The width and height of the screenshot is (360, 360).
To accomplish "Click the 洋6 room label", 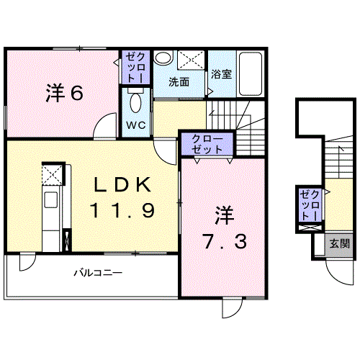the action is [64, 93].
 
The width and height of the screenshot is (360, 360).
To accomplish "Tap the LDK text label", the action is [122, 184].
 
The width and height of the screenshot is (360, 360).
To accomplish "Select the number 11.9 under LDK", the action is [122, 210].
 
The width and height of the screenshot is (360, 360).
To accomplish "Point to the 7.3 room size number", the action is [225, 241].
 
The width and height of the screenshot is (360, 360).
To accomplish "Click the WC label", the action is [136, 125].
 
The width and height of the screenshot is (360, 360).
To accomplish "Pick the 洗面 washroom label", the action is [179, 82].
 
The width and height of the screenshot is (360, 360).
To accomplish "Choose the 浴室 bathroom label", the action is [221, 74].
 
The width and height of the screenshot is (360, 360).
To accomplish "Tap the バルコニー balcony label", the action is [98, 273].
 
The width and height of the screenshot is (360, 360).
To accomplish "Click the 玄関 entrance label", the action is [339, 244].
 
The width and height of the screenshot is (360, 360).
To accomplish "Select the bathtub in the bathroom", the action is [251, 73].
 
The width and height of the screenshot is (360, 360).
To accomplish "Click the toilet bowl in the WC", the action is [136, 103].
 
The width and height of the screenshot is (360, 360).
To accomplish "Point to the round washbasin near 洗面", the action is [163, 57].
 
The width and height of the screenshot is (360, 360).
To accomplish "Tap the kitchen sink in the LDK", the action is [50, 199].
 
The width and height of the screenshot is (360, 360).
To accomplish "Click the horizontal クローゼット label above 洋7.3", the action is [207, 144].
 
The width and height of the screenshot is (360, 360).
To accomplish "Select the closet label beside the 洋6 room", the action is [135, 68].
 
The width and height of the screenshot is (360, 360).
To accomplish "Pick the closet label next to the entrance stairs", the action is [310, 205].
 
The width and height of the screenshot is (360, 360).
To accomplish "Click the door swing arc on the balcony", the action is [30, 266].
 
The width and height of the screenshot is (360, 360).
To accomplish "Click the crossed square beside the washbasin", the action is [191, 60].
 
